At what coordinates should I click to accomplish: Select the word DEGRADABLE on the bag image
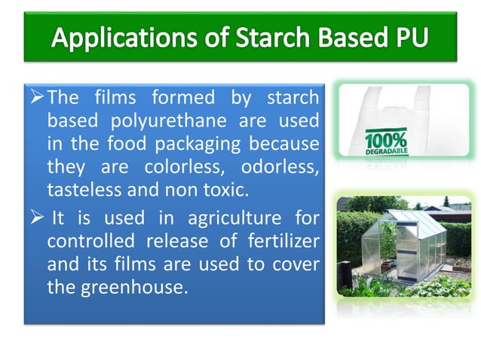tap(386, 151)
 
